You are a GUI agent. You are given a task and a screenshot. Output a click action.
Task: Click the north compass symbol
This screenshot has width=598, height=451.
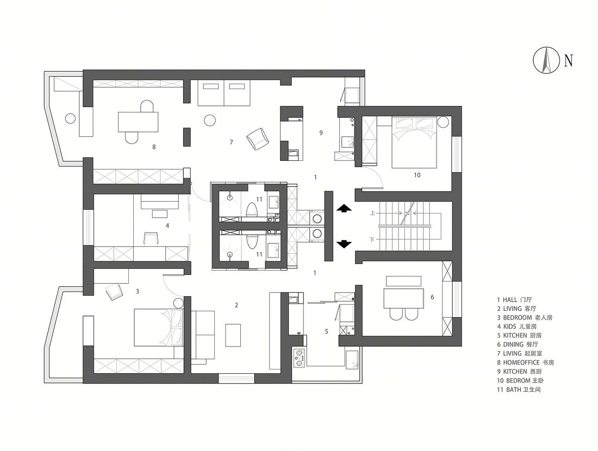click(546, 60)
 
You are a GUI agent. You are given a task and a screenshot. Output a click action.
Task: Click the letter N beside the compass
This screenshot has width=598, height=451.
click(568, 61)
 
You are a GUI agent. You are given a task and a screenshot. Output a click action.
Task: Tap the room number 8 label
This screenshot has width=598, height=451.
click(154, 147)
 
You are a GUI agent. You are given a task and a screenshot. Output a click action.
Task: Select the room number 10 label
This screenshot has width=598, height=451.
click(417, 175)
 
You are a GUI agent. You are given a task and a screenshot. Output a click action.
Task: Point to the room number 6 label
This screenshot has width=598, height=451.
click(432, 297)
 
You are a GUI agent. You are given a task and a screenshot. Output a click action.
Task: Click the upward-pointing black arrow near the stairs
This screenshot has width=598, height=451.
click(344, 208)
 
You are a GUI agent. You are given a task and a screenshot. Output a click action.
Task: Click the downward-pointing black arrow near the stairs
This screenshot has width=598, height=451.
click(344, 244)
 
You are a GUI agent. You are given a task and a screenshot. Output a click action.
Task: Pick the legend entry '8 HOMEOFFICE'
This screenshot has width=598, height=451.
click(525, 362)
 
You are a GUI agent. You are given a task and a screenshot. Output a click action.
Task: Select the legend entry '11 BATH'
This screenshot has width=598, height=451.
click(519, 390)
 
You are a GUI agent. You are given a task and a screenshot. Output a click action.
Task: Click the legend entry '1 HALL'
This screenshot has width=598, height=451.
click(514, 300)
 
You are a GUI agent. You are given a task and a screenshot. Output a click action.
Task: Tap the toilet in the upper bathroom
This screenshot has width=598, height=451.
click(252, 210)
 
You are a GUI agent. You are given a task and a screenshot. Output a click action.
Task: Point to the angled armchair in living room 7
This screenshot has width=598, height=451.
click(258, 139)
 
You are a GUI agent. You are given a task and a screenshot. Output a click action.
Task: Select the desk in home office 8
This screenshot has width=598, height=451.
click(138, 122)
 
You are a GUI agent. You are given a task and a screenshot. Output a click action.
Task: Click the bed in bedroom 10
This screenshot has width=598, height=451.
click(415, 142)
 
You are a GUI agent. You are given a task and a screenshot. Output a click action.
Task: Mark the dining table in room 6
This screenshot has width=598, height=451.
click(404, 299)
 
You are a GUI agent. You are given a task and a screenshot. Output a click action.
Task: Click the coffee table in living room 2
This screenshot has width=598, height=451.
click(233, 335)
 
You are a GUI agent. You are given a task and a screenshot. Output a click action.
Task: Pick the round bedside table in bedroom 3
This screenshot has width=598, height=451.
click(179, 304)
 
